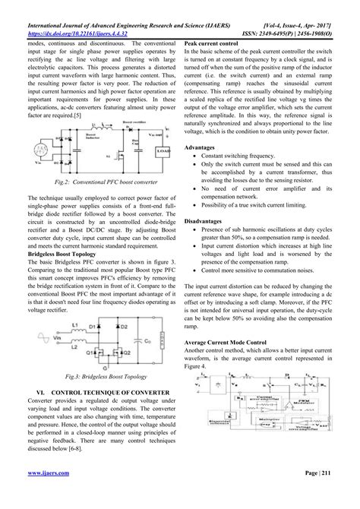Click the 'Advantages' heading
[203, 146]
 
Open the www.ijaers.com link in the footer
[43, 495]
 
